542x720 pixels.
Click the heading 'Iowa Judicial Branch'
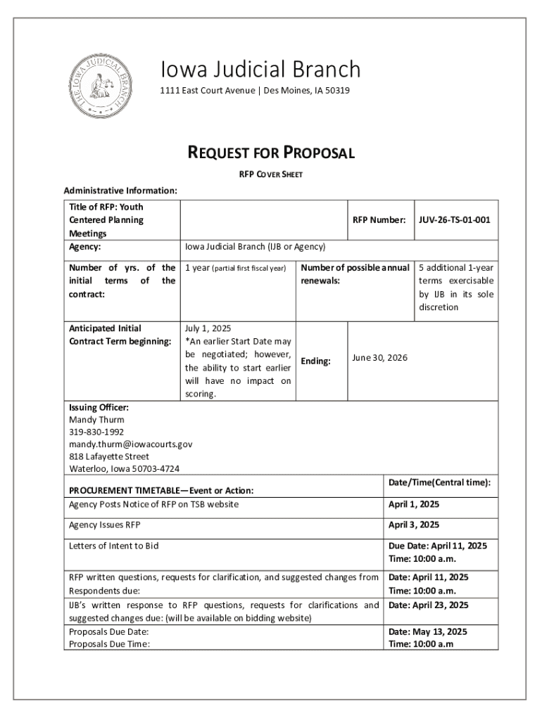pyautogui.click(x=260, y=70)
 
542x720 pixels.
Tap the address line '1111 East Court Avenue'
pyautogui.click(x=207, y=91)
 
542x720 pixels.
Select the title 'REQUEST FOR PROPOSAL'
pyautogui.click(x=270, y=153)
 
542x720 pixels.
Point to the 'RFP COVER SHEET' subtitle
pyautogui.click(x=270, y=174)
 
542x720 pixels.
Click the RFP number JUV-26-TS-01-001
pyautogui.click(x=454, y=220)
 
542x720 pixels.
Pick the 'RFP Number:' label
pyautogui.click(x=379, y=220)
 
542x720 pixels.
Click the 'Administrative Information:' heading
pyautogui.click(x=120, y=191)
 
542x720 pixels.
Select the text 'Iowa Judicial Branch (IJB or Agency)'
pyautogui.click(x=255, y=247)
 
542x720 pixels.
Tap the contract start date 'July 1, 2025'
pyautogui.click(x=208, y=328)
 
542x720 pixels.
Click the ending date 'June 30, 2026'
pyautogui.click(x=379, y=358)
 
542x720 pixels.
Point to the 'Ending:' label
pyautogui.click(x=316, y=361)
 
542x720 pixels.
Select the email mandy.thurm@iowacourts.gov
pyautogui.click(x=130, y=444)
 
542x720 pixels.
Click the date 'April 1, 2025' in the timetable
pyautogui.click(x=414, y=504)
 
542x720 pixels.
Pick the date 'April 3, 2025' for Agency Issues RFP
pyautogui.click(x=414, y=525)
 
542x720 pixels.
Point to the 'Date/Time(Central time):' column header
pyautogui.click(x=439, y=482)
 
